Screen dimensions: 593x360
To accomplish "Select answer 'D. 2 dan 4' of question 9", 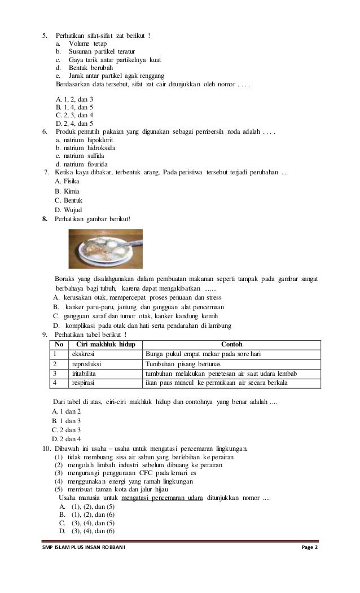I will pyautogui.click(x=67, y=438).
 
